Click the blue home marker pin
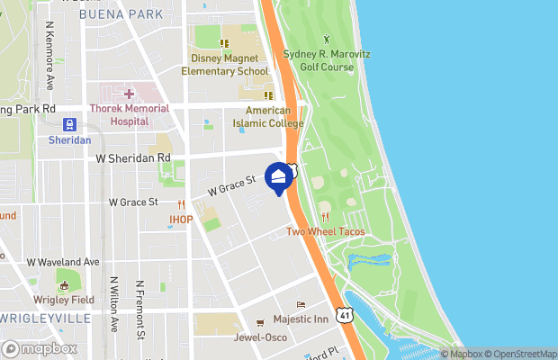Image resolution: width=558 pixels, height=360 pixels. [279, 178]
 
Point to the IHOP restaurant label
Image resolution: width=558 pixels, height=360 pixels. [181, 219]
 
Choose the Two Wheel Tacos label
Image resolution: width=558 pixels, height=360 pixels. [324, 231]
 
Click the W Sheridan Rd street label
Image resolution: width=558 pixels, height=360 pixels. [132, 157]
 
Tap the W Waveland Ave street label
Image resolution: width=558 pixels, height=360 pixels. [63, 262]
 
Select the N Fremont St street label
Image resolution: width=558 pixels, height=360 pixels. [140, 310]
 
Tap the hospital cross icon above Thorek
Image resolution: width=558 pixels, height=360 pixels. [129, 94]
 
